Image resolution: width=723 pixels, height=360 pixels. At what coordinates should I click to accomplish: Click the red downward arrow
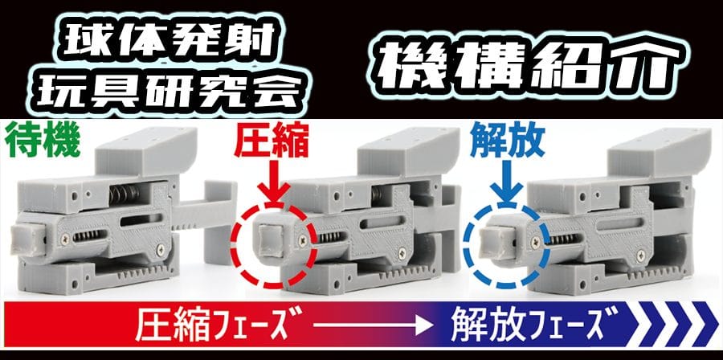(x=274, y=184)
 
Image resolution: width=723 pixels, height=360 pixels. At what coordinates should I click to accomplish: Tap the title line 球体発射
(x=170, y=39)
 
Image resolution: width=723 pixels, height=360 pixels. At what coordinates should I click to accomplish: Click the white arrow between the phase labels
(x=373, y=326)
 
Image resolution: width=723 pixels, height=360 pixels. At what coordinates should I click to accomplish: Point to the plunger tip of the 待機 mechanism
(x=27, y=239)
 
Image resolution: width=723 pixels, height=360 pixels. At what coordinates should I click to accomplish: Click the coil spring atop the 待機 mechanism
(x=125, y=195)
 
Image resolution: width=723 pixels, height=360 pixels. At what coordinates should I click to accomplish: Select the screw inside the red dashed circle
(x=303, y=239)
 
